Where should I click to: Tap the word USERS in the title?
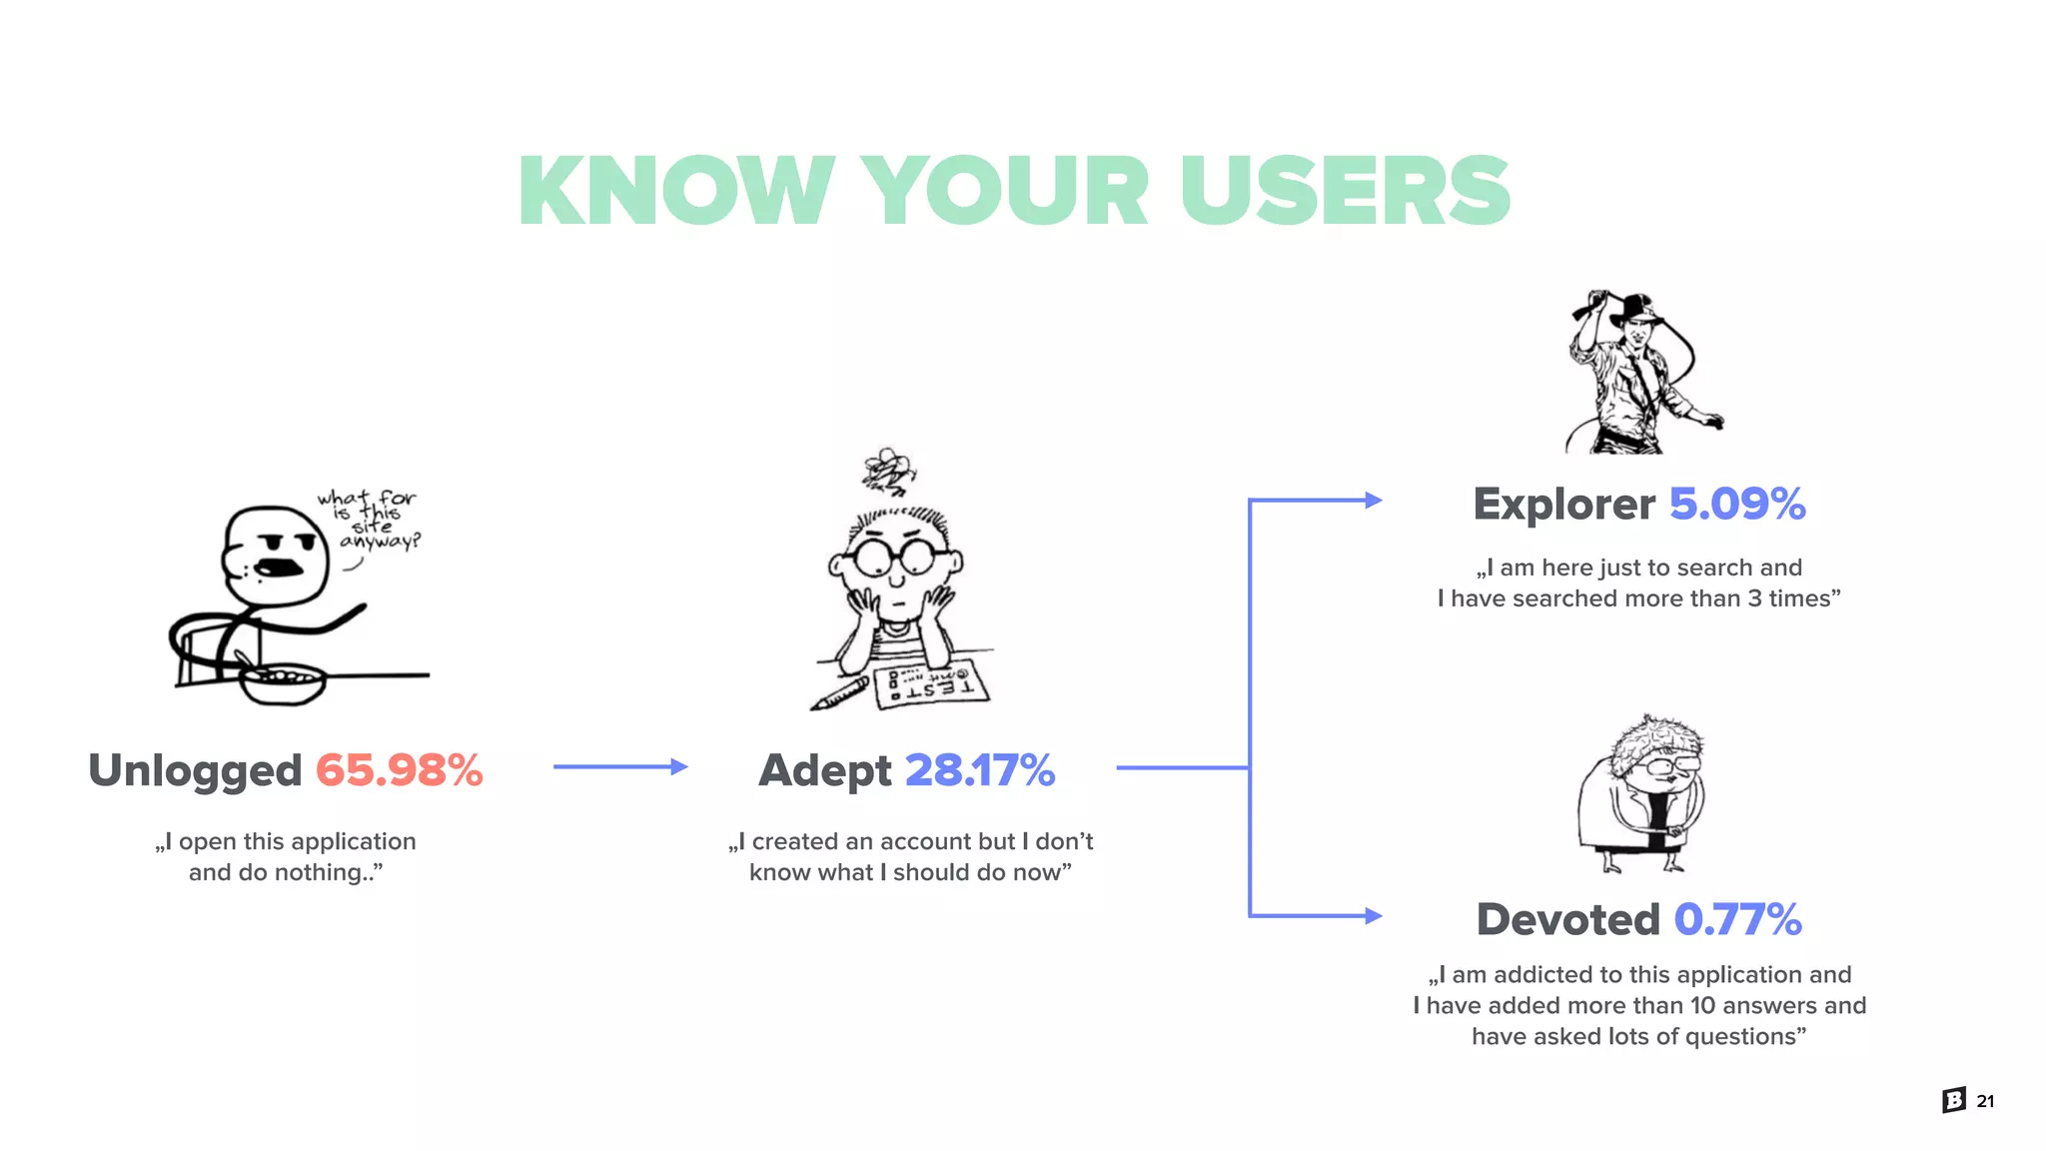tap(1345, 191)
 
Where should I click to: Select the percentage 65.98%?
tap(399, 770)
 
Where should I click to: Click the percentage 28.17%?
tap(979, 770)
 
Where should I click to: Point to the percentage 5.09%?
tap(1736, 504)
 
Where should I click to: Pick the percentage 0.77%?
tap(1737, 919)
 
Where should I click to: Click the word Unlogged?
tap(195, 770)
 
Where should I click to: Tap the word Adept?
tap(824, 770)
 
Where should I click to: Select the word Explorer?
tap(1563, 504)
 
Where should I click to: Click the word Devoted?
tap(1567, 919)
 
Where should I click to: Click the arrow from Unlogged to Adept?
tap(619, 766)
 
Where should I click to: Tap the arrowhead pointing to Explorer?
tap(1374, 500)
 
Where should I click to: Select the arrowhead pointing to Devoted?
tap(1374, 915)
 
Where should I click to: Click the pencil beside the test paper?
tap(840, 693)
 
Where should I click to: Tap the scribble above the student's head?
tap(888, 470)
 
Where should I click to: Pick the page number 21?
tap(1985, 1101)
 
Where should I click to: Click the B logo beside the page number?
tap(1954, 1100)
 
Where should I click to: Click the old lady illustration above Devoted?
tap(1642, 792)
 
